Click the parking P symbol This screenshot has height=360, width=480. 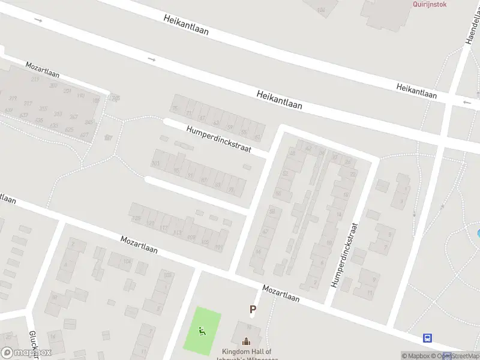[x=253, y=310]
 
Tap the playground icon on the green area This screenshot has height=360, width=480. [x=202, y=330]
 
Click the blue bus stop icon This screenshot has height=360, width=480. [x=428, y=338]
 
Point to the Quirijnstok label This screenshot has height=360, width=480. [x=430, y=4]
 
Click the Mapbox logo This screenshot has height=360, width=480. [x=26, y=353]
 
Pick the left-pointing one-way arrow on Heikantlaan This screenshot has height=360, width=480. [x=467, y=103]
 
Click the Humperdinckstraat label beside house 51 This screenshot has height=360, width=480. [x=218, y=139]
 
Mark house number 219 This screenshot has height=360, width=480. [x=35, y=79]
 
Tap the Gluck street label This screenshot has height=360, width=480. [x=34, y=345]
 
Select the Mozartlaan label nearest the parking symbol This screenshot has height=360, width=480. [x=280, y=293]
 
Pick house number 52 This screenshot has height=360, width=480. [x=286, y=174]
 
